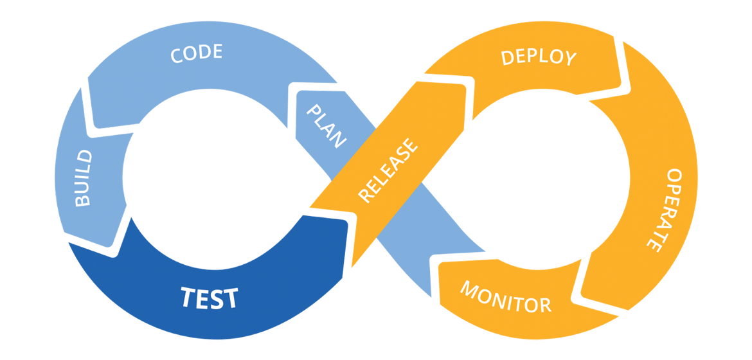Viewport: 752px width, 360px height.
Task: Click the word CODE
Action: coord(197,53)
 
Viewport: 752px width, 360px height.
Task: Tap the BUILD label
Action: coord(84,178)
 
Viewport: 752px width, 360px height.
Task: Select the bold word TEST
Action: coord(209,298)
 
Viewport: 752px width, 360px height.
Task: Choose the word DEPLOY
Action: coord(539,57)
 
